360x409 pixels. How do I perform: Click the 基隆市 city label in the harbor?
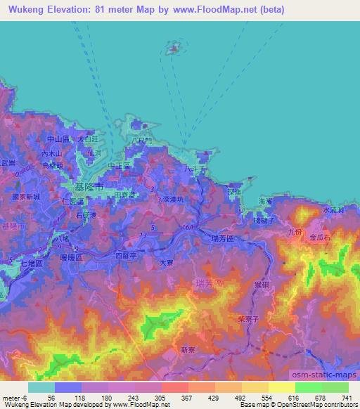coord(89,188)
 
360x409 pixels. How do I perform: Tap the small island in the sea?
coord(172,48)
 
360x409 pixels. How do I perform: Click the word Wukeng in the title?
coord(25,8)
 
